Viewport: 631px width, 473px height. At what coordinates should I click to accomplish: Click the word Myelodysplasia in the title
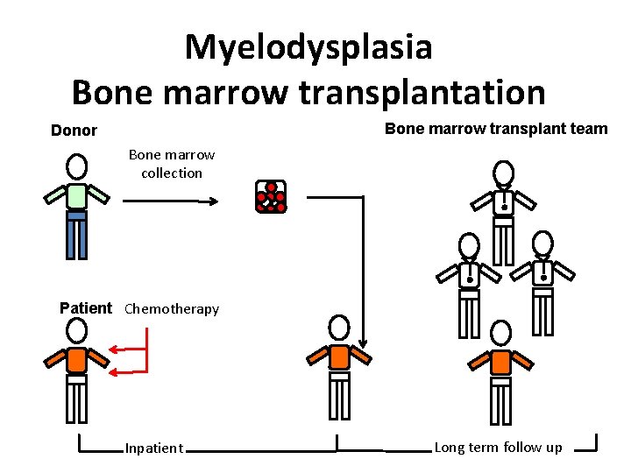308,47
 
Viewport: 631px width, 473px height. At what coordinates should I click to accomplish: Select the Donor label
74,131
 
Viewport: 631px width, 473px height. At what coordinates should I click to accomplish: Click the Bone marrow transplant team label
496,129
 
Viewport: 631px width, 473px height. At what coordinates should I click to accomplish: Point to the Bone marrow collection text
172,164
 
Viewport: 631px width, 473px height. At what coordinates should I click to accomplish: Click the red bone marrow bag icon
270,197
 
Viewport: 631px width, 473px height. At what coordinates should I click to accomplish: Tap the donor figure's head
77,166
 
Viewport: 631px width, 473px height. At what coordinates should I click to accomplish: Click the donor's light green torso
77,195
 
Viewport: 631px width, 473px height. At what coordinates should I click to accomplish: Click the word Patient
86,307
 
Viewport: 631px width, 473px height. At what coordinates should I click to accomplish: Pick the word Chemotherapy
172,308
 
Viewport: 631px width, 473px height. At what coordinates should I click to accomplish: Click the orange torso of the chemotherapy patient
77,359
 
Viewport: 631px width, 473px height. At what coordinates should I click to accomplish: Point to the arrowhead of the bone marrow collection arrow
213,201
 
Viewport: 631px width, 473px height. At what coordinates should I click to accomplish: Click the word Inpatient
154,448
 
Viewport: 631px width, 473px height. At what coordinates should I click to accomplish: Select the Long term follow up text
498,448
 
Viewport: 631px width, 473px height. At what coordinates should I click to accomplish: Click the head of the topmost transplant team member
503,173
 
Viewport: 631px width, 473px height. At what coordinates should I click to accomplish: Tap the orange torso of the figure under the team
500,362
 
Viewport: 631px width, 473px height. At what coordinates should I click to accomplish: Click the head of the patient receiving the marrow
338,328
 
